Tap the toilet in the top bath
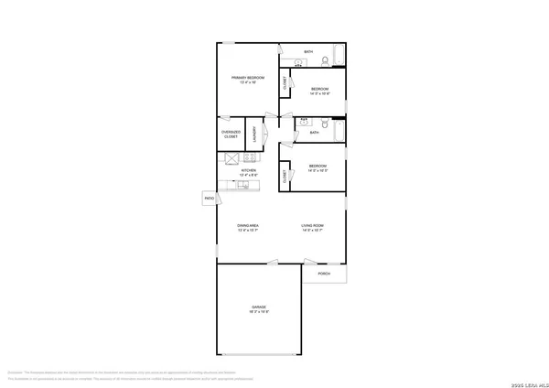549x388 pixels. click(325, 60)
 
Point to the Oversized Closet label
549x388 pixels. click(231, 135)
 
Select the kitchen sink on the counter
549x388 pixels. click(243, 184)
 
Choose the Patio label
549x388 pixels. click(209, 197)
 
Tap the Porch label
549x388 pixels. click(323, 274)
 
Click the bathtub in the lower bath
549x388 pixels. click(338, 133)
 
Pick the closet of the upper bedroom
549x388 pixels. click(285, 82)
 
